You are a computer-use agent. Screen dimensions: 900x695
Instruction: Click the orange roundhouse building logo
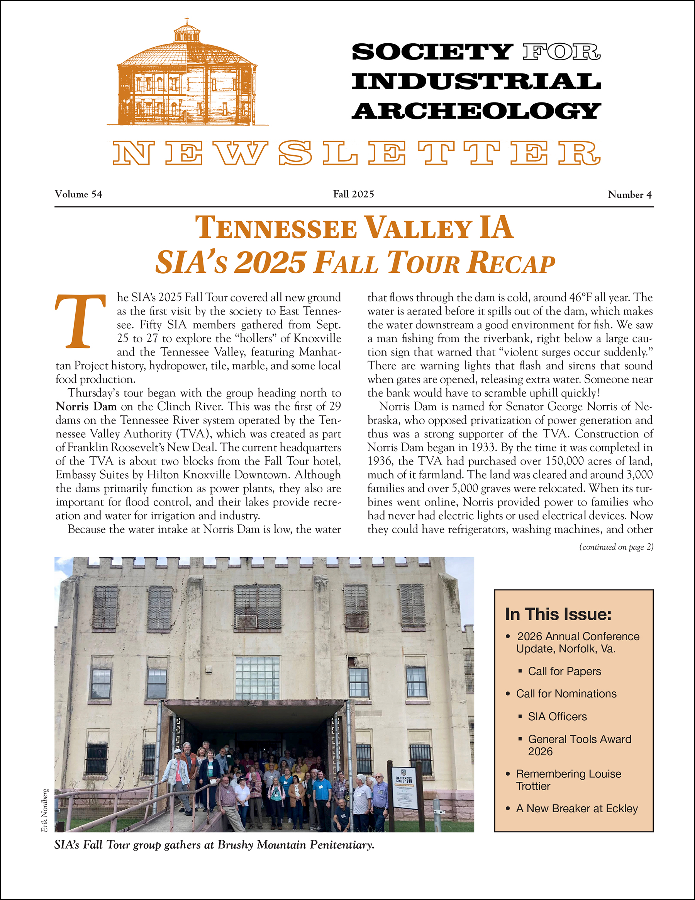[x=187, y=74]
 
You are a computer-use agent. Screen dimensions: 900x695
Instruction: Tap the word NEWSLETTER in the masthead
[x=356, y=153]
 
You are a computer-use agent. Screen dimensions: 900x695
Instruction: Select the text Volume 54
[x=79, y=194]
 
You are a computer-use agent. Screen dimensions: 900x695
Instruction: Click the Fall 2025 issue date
[x=353, y=194]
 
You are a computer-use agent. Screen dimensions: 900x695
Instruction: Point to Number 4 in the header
[x=629, y=194]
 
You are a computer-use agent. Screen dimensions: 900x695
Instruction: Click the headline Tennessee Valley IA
[x=354, y=228]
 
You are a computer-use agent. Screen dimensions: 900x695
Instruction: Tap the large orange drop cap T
[x=80, y=322]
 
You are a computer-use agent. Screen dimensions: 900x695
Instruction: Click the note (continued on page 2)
[x=616, y=547]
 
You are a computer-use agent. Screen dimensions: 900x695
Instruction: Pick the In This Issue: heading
[x=558, y=614]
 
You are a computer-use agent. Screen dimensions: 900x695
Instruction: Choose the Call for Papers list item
[x=564, y=671]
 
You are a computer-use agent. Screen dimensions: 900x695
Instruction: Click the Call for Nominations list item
[x=566, y=694]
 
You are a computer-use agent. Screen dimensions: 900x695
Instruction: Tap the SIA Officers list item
[x=558, y=716]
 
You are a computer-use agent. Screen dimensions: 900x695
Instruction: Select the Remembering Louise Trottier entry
[x=568, y=780]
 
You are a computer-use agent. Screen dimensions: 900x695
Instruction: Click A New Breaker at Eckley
[x=577, y=808]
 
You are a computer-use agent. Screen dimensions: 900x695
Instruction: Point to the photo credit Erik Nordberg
[x=45, y=810]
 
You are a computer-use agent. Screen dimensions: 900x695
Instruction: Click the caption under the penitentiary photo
[x=214, y=845]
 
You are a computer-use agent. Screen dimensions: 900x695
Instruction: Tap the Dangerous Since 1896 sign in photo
[x=403, y=787]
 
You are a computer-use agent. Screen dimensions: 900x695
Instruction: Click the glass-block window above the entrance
[x=257, y=678]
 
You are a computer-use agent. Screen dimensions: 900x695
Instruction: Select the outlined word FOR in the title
[x=562, y=52]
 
